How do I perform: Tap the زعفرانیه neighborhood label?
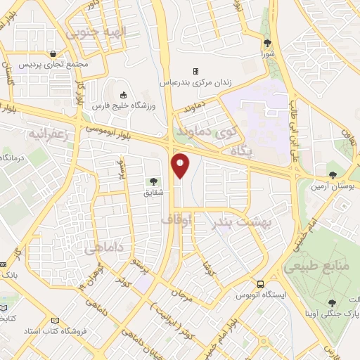point(50,133)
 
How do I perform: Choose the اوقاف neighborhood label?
point(176,220)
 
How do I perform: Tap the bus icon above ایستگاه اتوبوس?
point(260,285)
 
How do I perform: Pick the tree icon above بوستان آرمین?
point(333,175)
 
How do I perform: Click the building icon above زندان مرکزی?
point(195,71)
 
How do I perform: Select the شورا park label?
point(268,53)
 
